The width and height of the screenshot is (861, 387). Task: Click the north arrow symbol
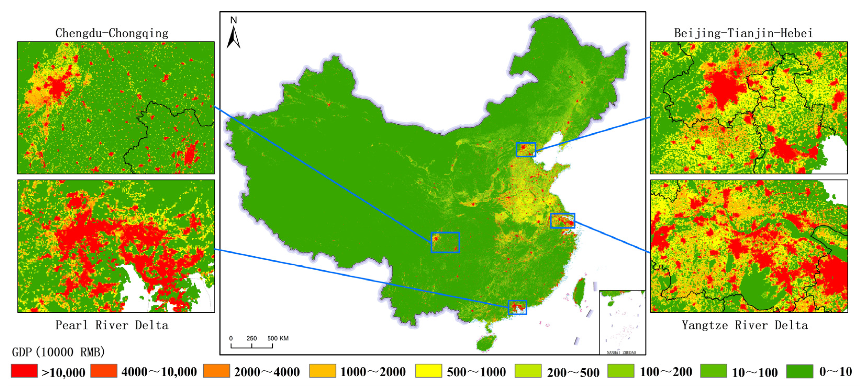click(x=234, y=37)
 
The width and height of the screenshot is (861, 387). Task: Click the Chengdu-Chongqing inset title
click(x=112, y=33)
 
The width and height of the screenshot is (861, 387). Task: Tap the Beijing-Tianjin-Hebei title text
click(x=743, y=33)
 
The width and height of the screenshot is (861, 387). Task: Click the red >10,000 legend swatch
click(x=24, y=371)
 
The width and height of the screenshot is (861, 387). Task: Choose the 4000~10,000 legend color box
click(x=104, y=371)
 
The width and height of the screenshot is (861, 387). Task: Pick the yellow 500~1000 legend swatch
click(x=429, y=371)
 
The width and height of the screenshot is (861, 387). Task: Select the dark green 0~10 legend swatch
click(x=800, y=371)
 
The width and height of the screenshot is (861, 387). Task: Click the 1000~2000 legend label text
click(x=373, y=372)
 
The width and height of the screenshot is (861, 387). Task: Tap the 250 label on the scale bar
click(x=251, y=338)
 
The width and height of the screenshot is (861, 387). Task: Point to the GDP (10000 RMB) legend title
click(x=59, y=352)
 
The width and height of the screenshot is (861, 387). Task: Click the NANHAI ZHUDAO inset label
click(x=621, y=352)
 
